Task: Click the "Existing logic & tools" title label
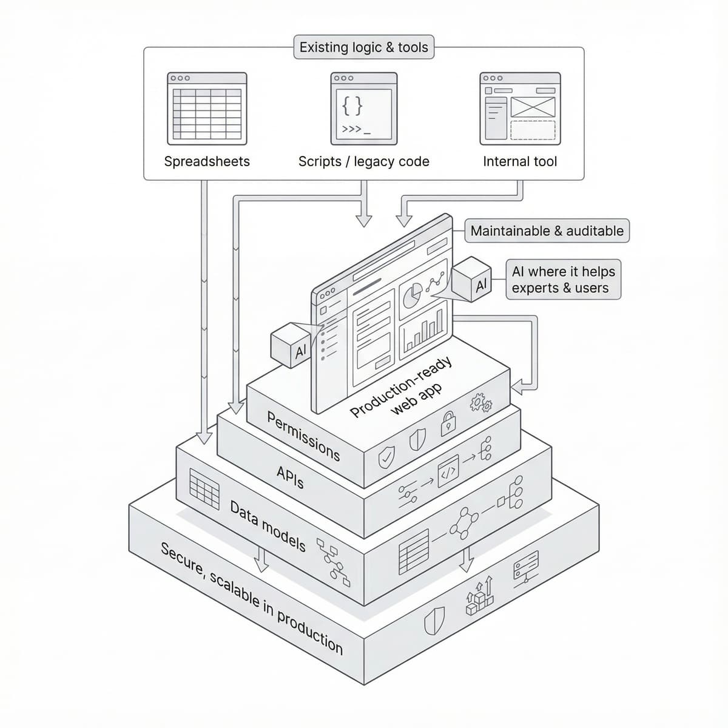(363, 47)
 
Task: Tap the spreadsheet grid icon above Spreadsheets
(207, 109)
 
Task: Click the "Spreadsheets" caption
(207, 161)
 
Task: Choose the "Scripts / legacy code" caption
(363, 161)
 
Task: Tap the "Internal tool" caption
(520, 161)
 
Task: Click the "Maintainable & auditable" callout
(547, 231)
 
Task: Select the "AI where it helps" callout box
(563, 280)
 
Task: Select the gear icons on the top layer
(481, 402)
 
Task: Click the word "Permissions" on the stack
(303, 436)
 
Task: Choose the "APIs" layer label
(290, 477)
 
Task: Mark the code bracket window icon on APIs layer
(448, 468)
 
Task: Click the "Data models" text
(268, 525)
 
